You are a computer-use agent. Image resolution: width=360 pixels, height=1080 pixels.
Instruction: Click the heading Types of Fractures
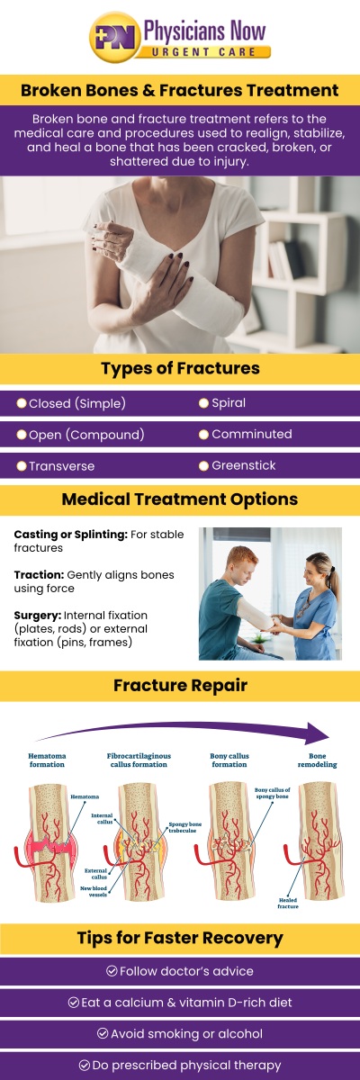(x=180, y=369)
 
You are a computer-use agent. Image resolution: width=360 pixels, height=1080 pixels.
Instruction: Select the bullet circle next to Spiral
(x=203, y=403)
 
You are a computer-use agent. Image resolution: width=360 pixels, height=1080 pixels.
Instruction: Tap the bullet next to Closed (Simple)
(x=22, y=403)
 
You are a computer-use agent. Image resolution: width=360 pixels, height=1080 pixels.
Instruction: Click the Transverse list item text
(x=61, y=466)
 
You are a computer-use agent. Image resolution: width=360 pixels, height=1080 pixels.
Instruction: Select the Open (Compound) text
(x=86, y=435)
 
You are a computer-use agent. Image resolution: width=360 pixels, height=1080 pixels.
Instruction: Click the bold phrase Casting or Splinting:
(x=70, y=535)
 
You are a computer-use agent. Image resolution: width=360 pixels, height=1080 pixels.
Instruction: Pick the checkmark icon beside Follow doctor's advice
(x=112, y=971)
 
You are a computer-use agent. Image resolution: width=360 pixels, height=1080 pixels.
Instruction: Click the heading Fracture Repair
(x=180, y=686)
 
